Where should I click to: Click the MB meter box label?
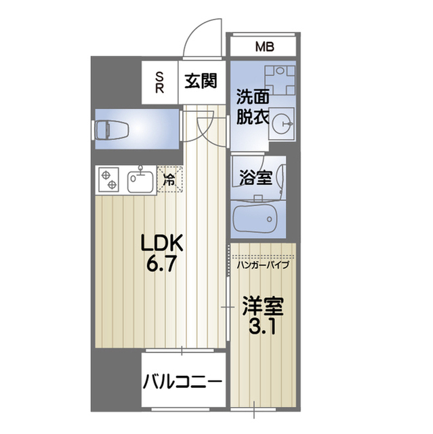point(264,47)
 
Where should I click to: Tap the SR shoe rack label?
point(160,82)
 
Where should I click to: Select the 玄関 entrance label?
point(200,81)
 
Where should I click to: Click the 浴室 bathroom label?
point(256,178)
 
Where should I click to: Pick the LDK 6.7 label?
point(162,252)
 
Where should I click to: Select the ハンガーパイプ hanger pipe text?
point(264,264)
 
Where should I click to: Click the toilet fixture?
point(111,128)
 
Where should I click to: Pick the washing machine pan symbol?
point(279,81)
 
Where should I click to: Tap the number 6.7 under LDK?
point(162,263)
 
